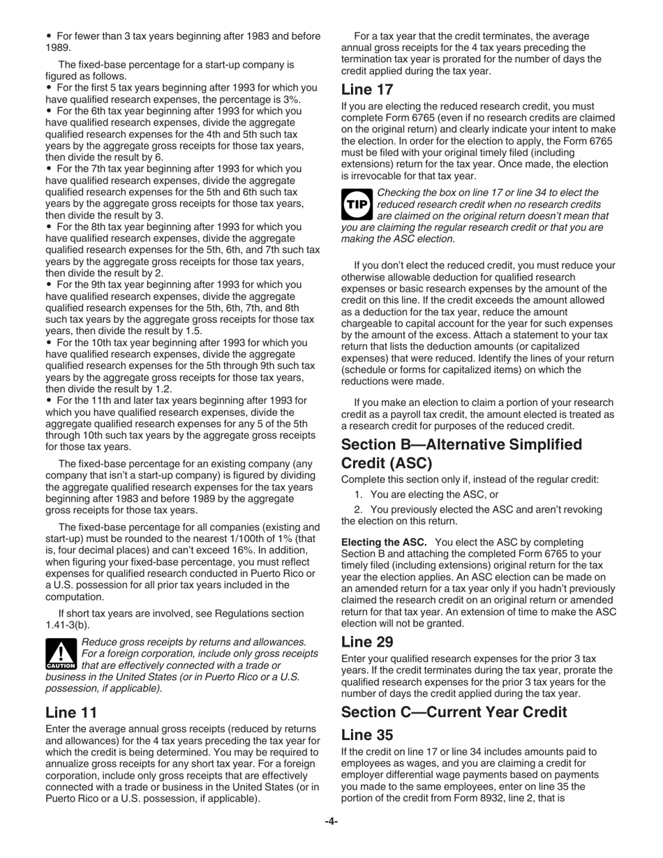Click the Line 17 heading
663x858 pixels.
tap(367, 90)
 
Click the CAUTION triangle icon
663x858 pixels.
tap(61, 654)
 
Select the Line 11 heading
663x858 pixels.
tap(71, 712)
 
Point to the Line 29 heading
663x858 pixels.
tap(368, 641)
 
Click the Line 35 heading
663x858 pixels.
tap(367, 735)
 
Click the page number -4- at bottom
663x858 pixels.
tap(331, 822)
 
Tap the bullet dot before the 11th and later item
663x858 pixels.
tap(49, 401)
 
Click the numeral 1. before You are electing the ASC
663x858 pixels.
tap(358, 495)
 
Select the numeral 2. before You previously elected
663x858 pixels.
tap(358, 510)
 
